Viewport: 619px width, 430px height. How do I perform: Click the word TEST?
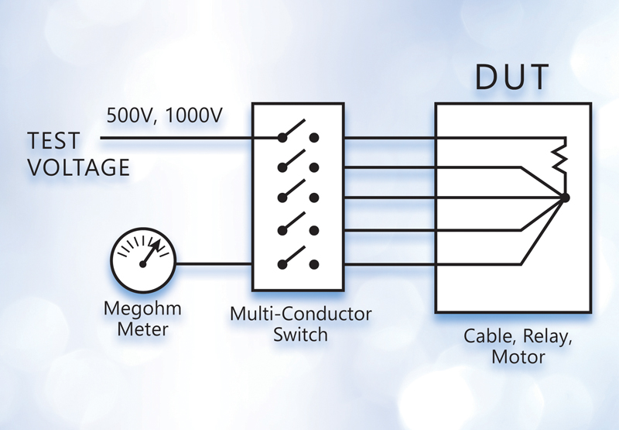53,141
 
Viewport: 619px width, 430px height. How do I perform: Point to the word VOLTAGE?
78,167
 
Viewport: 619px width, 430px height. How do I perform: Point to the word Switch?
301,335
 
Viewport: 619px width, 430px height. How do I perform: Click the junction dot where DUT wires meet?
565,198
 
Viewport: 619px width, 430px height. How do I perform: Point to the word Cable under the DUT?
487,337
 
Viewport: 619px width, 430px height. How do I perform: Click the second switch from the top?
299,164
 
